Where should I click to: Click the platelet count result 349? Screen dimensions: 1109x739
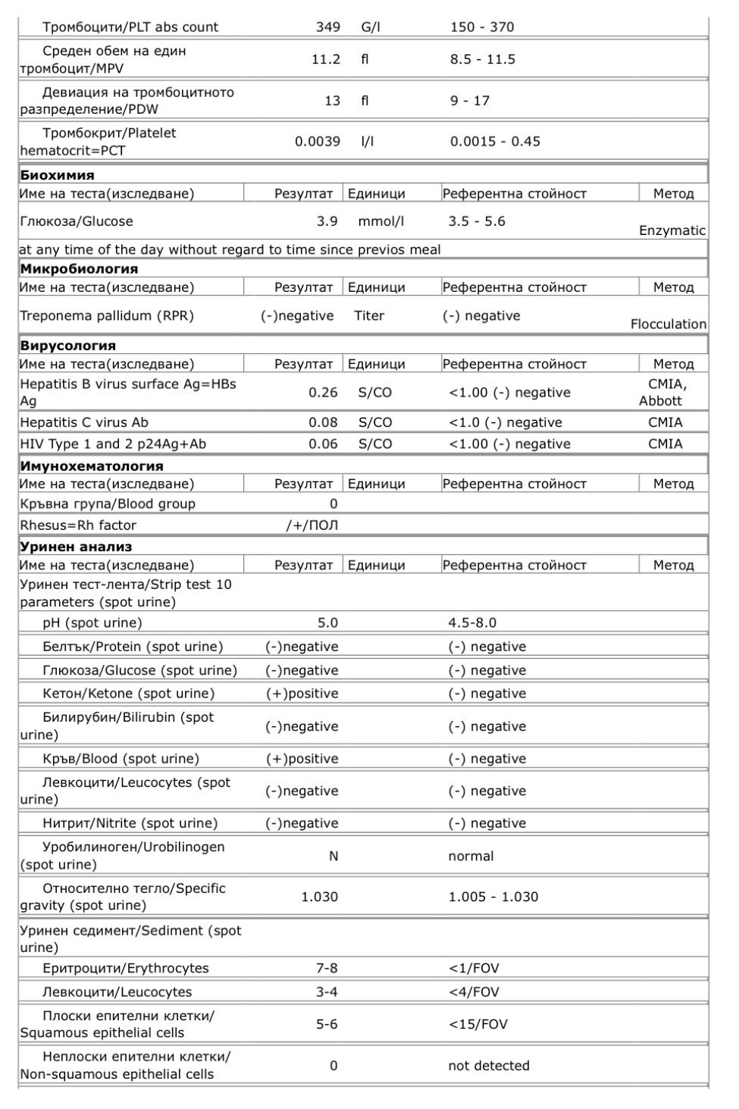point(327,27)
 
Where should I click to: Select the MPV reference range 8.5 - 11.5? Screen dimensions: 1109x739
point(482,59)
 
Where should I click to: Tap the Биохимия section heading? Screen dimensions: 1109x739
point(58,175)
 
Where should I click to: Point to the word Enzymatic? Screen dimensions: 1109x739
point(672,230)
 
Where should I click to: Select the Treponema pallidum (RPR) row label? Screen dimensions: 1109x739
point(107,316)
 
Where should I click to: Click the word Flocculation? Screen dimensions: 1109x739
point(668,324)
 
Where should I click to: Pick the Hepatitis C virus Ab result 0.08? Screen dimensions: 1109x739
point(323,422)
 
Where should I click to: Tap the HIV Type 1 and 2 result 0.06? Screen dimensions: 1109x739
point(323,444)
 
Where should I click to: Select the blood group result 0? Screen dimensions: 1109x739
point(333,504)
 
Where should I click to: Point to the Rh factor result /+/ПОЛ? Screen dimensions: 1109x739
point(312,525)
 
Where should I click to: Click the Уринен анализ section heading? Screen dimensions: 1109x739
point(76,547)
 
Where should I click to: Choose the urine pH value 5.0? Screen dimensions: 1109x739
point(327,623)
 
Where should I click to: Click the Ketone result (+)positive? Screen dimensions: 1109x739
point(302,694)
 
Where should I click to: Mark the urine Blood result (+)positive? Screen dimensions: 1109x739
point(302,759)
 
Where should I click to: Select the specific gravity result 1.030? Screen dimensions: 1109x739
point(319,897)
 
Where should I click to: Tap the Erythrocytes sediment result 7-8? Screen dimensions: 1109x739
point(327,968)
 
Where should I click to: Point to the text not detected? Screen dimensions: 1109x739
point(488,1065)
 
